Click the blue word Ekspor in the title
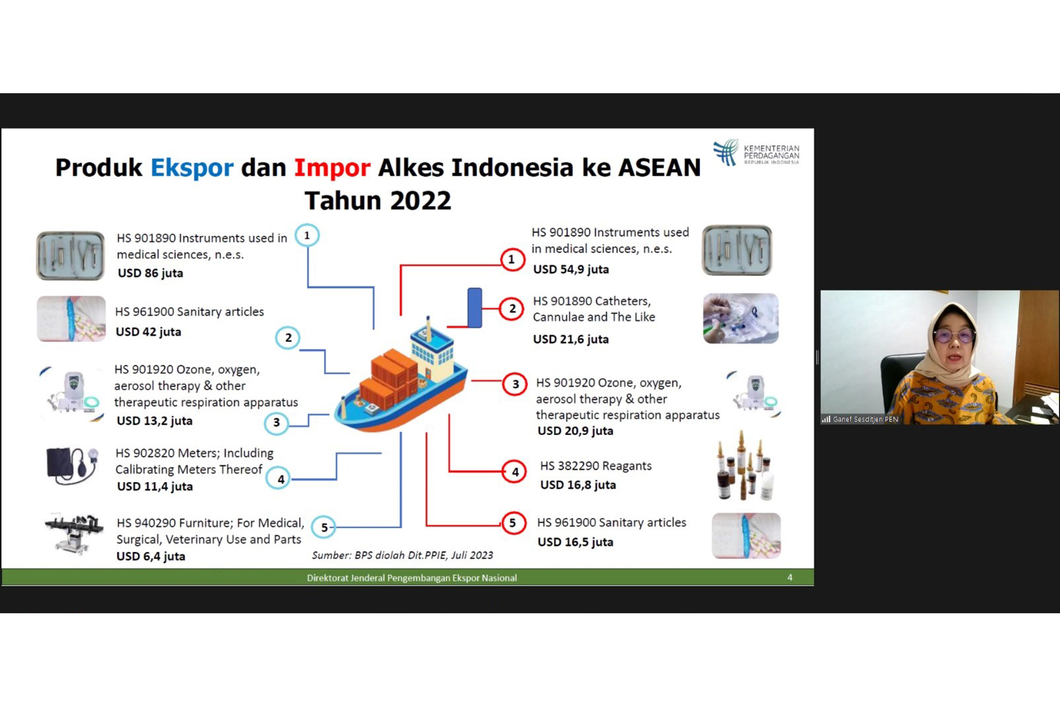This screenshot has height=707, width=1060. [192, 168]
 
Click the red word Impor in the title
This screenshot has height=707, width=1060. [332, 168]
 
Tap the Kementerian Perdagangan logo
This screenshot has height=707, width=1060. [756, 152]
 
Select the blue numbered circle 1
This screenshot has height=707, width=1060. [307, 236]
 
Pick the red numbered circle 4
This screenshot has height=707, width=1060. [514, 472]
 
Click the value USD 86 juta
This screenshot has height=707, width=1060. [150, 273]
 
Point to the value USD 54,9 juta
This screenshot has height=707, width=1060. [571, 269]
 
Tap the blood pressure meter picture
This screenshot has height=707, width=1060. [72, 465]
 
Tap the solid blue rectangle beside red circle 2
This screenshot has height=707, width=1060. [475, 308]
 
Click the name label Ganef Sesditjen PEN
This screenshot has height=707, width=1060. [865, 419]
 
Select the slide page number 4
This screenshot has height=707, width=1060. [790, 578]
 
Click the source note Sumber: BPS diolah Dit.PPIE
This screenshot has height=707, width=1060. [402, 555]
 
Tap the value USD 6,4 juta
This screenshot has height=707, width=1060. [151, 556]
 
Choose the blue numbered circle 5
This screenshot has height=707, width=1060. [324, 527]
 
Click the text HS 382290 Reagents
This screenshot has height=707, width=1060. [596, 466]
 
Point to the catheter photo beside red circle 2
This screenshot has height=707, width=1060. [741, 318]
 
